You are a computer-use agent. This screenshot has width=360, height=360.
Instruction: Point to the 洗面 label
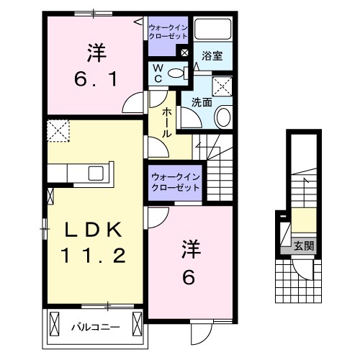click(x=201, y=103)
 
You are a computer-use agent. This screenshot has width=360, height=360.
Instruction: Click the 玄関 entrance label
click(x=303, y=246)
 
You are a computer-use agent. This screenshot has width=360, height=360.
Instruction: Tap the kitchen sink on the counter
click(x=96, y=173)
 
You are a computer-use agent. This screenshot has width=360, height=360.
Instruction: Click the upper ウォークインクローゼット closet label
click(x=168, y=31)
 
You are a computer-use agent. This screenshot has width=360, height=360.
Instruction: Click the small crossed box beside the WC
click(x=184, y=52)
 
